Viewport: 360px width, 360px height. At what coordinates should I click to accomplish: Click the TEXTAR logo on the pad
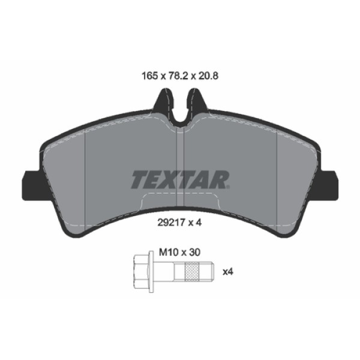click(180, 179)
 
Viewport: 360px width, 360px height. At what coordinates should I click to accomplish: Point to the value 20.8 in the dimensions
click(206, 77)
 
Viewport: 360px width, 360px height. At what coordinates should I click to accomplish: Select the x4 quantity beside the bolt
click(227, 272)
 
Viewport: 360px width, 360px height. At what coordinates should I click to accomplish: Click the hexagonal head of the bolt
click(140, 272)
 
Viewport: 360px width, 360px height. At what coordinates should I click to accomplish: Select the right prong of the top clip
click(196, 100)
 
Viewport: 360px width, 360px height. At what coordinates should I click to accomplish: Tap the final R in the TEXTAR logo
click(220, 179)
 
